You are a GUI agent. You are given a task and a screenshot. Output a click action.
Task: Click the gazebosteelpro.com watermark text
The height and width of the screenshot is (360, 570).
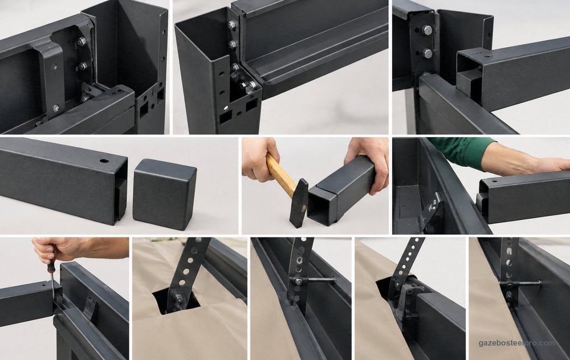[517, 343]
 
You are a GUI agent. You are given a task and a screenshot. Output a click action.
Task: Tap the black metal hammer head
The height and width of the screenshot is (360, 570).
[299, 203]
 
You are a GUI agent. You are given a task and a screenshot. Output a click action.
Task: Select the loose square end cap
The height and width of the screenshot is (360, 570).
[164, 194]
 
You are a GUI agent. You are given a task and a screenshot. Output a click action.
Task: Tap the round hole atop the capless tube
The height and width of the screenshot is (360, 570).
[104, 161]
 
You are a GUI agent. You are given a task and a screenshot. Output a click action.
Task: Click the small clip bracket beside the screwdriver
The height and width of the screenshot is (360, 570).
[89, 308]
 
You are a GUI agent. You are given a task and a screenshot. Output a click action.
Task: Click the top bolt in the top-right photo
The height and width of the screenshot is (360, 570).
[427, 30]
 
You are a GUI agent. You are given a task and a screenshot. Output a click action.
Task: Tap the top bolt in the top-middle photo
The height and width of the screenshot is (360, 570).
[232, 25]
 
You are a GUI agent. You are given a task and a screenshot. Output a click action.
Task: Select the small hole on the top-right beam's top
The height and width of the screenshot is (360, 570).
[488, 56]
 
